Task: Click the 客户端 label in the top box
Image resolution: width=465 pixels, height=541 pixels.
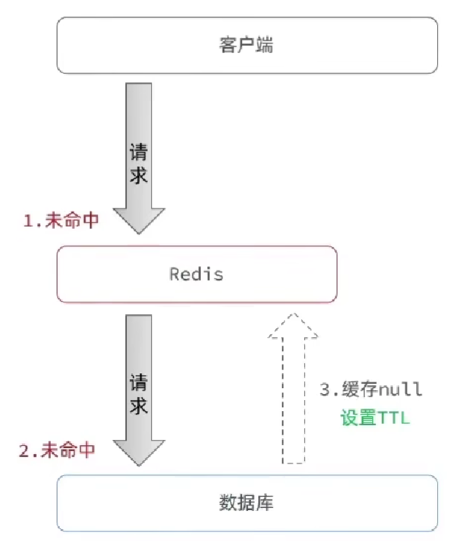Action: (247, 46)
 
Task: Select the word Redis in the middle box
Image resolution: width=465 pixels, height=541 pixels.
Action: (197, 274)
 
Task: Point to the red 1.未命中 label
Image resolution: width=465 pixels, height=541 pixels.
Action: (61, 221)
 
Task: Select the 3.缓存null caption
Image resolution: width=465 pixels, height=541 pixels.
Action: (370, 389)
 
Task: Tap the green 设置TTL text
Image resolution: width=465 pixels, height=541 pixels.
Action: (375, 417)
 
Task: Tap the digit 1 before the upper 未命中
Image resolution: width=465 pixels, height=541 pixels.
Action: (28, 222)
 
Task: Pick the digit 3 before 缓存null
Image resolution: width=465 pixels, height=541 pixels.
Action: (324, 389)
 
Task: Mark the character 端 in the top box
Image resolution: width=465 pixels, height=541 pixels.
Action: (265, 46)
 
